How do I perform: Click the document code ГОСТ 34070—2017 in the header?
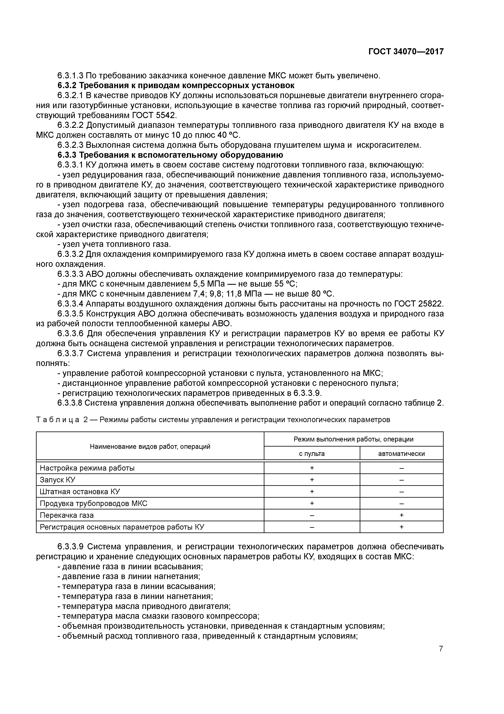tap(406, 52)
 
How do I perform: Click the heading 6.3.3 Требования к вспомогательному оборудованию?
tap(170, 155)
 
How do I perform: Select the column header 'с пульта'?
tap(312, 454)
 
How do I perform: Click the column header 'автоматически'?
tap(401, 454)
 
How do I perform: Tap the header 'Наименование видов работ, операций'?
tap(150, 447)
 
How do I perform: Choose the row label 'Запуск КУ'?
tap(58, 480)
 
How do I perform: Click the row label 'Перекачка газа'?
tap(67, 515)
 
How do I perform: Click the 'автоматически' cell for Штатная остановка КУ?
tap(401, 492)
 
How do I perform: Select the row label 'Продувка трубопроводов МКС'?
tap(93, 504)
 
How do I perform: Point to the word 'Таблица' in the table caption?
tap(58, 420)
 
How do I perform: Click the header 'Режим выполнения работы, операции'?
tap(353, 439)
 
